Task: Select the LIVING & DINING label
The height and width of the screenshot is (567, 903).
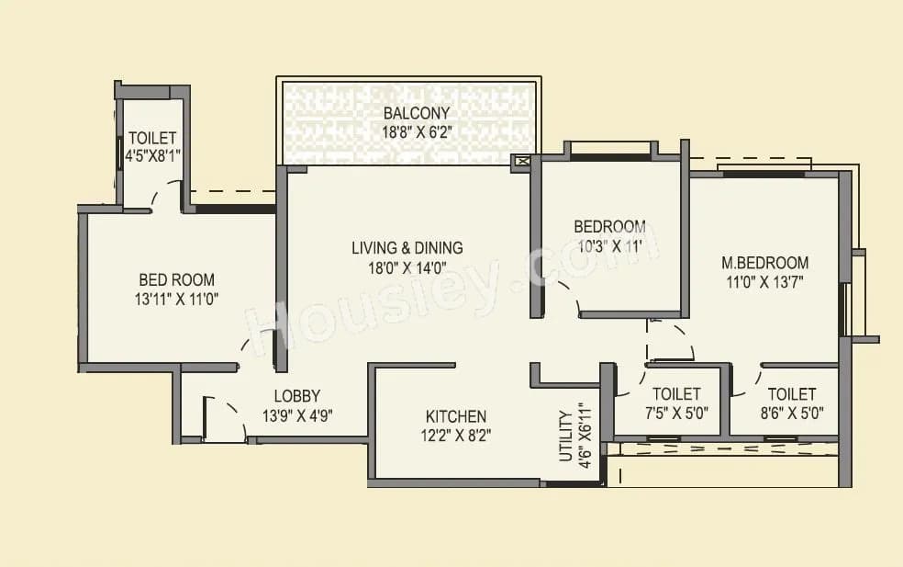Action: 407,247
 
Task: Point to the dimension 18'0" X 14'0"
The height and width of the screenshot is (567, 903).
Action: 407,267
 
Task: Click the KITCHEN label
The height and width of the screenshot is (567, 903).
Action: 455,416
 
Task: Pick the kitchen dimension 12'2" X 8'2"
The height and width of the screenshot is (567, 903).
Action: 455,436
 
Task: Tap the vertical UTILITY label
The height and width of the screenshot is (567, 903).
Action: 565,437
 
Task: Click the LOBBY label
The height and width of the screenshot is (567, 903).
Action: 297,397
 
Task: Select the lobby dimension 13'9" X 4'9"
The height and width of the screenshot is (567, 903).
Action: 297,415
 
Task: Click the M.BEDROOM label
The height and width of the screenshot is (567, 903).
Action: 764,263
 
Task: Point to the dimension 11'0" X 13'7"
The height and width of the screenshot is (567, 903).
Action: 764,282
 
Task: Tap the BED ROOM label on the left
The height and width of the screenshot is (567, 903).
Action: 177,279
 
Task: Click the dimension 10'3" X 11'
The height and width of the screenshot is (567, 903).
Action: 609,245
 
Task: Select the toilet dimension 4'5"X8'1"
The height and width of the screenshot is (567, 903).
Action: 152,155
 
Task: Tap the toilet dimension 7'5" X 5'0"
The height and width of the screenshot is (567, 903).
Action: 675,413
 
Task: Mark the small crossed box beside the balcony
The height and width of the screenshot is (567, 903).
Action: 522,163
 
